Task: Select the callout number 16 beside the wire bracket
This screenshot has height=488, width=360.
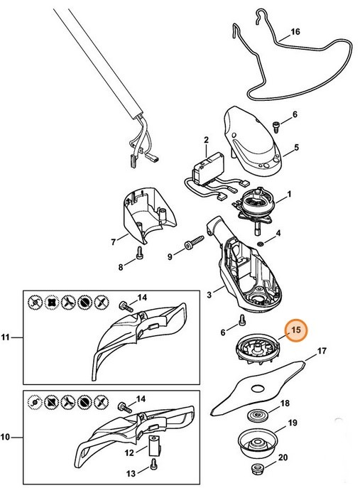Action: [x=295, y=33]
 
